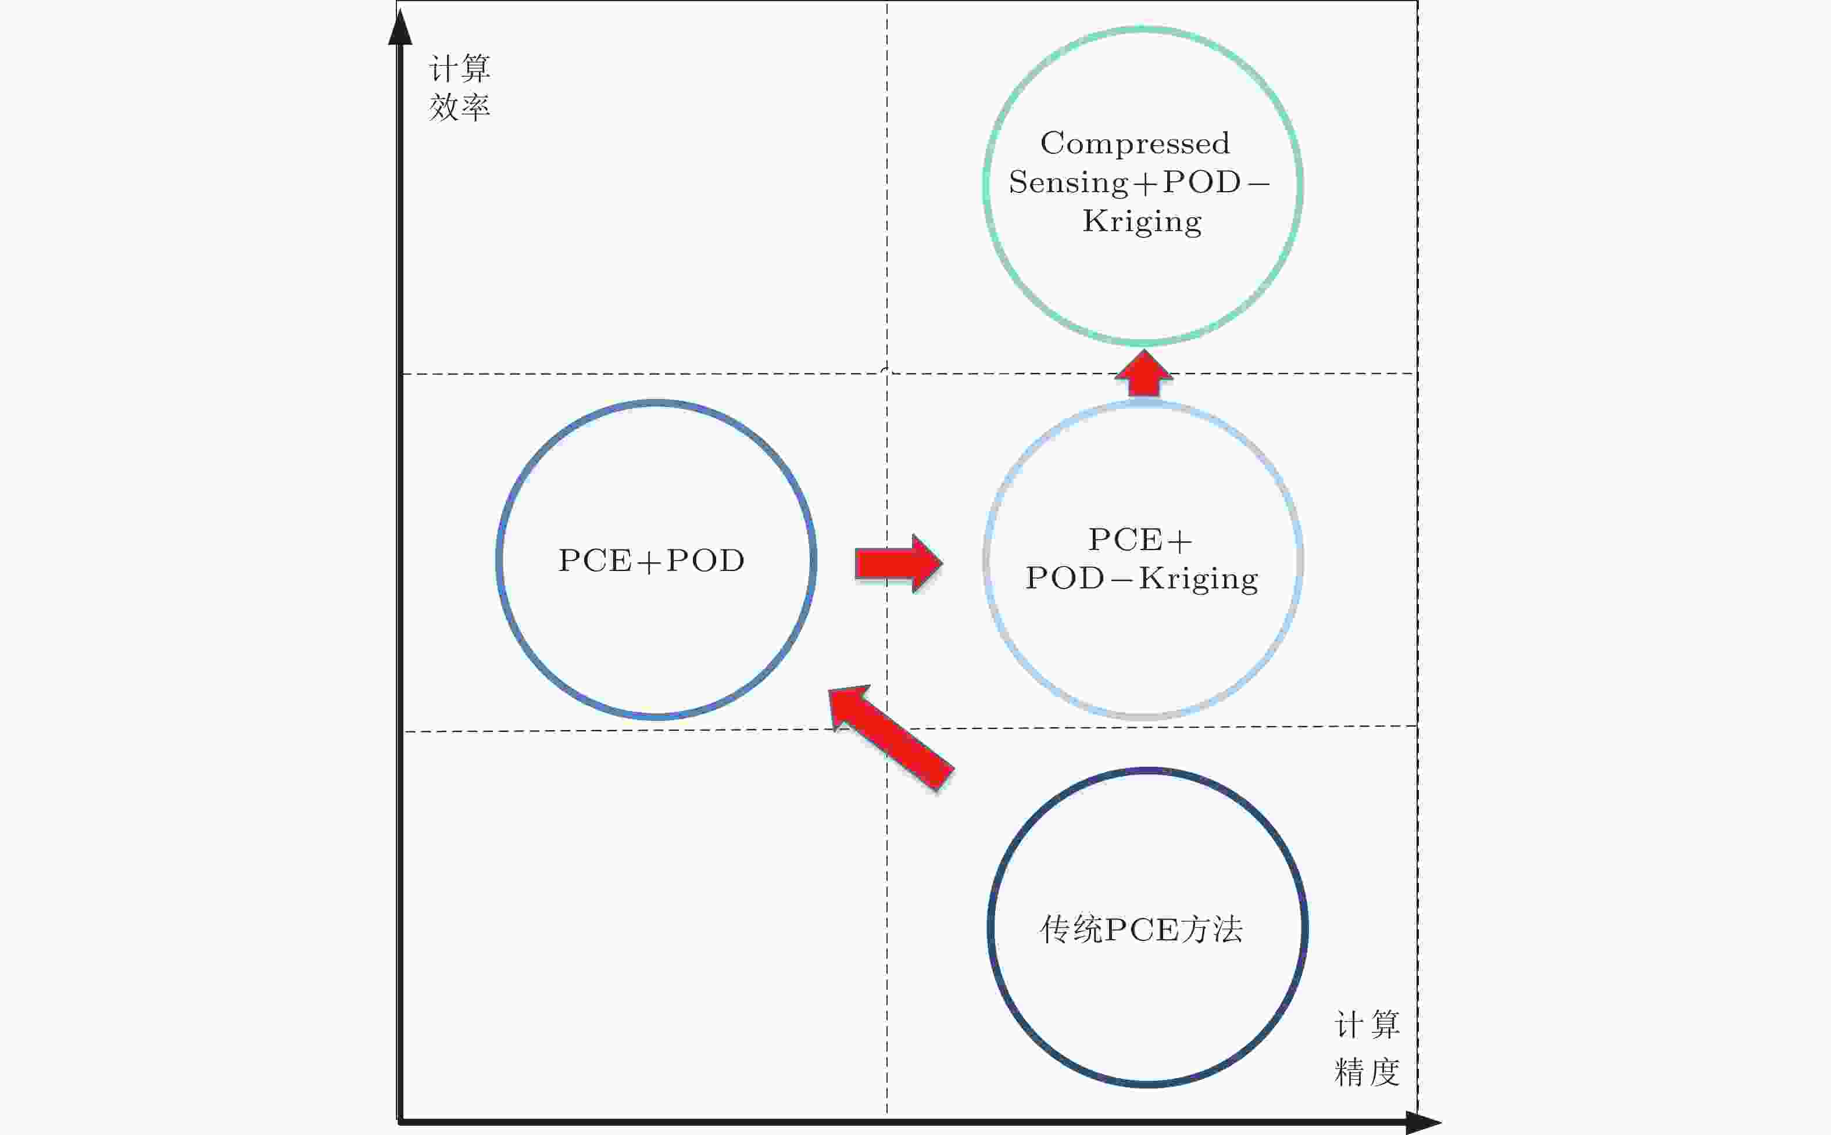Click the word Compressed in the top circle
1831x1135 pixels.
tap(1134, 143)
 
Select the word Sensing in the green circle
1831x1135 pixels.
tap(1068, 183)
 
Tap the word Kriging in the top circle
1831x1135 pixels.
tap(1142, 221)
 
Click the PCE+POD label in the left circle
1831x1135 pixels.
tap(651, 561)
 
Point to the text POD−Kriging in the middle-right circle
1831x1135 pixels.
tap(1142, 579)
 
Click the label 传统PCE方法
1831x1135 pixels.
tap(1141, 929)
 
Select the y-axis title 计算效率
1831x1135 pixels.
tap(460, 88)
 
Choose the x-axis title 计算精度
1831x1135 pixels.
tap(1367, 1048)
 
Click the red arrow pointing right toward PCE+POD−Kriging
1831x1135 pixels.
tap(898, 563)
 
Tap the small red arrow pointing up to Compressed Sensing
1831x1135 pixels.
tap(1143, 373)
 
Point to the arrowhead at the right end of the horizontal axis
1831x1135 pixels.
tap(1422, 1122)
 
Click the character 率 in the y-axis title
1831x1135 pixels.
tap(475, 107)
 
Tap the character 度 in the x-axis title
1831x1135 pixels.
tap(1383, 1072)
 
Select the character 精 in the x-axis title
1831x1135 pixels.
tap(1350, 1072)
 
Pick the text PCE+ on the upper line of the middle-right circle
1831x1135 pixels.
tap(1139, 540)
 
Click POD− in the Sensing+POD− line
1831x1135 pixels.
tap(1215, 183)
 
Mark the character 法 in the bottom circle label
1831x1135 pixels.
tap(1227, 929)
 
